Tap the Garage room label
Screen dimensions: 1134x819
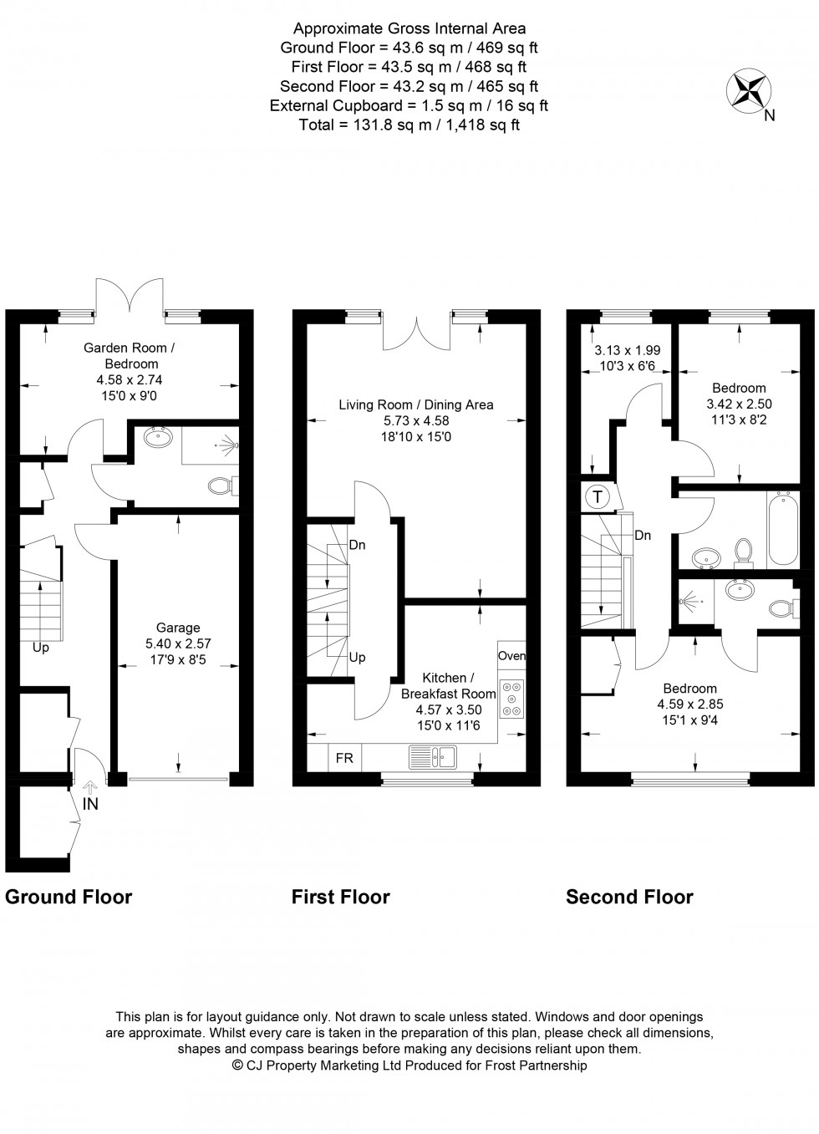click(x=178, y=628)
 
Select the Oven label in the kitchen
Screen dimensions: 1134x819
click(x=511, y=656)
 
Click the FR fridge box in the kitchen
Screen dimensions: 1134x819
click(x=344, y=758)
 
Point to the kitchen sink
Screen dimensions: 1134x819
click(x=432, y=757)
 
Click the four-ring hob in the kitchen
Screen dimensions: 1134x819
click(x=511, y=699)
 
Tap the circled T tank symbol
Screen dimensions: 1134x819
click(x=598, y=497)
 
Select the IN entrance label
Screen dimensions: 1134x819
click(x=90, y=804)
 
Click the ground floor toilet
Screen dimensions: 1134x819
click(x=221, y=486)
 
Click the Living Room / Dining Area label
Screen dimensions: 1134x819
click(x=415, y=404)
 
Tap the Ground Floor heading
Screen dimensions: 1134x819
click(x=69, y=898)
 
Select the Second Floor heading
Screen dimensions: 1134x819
click(x=629, y=898)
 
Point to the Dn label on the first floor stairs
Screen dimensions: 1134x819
click(x=357, y=545)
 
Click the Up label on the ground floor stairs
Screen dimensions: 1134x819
click(x=40, y=648)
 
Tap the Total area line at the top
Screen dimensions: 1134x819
click(x=409, y=125)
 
